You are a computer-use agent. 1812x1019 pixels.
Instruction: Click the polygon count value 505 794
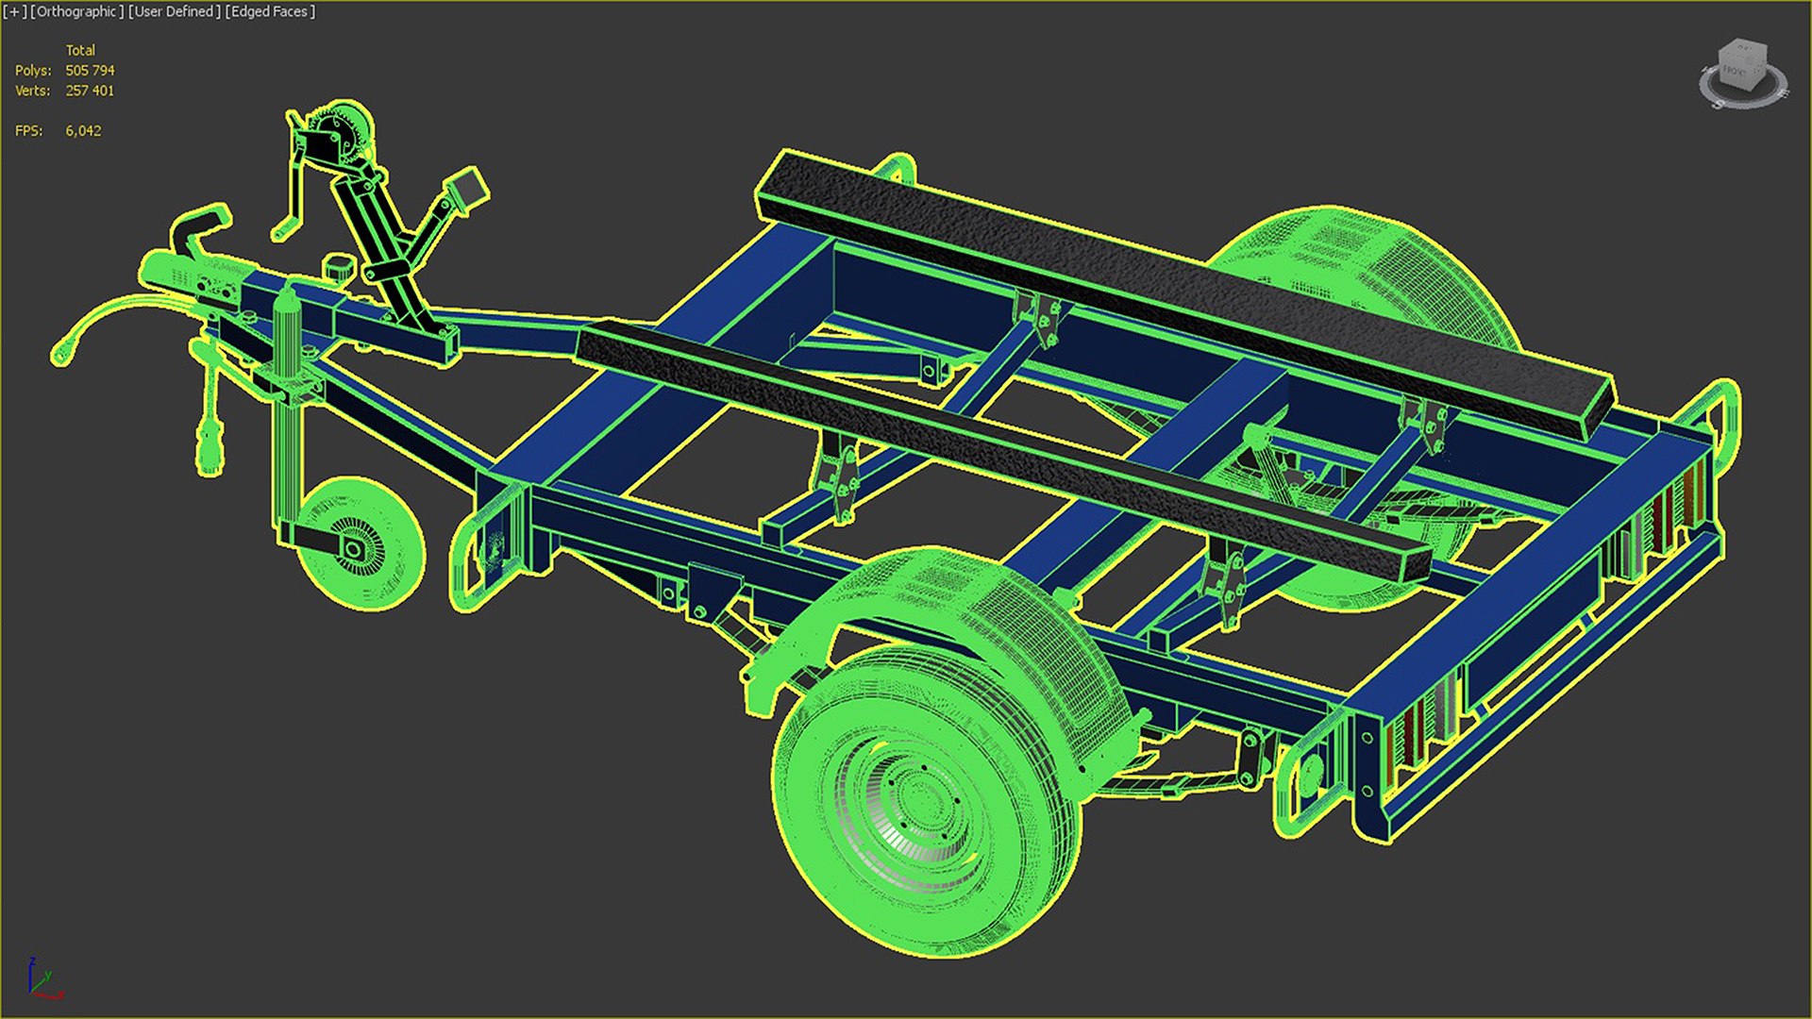tap(90, 71)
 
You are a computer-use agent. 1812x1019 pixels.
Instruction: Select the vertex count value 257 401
tap(90, 91)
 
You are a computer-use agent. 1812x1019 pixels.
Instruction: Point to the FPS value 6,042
tap(83, 131)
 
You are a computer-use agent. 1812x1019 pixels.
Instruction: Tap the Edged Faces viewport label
tap(270, 12)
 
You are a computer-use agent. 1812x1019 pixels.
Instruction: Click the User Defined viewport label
tap(175, 12)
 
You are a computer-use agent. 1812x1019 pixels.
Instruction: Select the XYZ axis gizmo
tap(42, 981)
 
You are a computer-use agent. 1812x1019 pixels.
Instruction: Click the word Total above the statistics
tap(80, 50)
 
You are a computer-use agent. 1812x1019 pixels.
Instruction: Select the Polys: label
tap(33, 71)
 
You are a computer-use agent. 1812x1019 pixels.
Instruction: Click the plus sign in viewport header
tap(15, 12)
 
